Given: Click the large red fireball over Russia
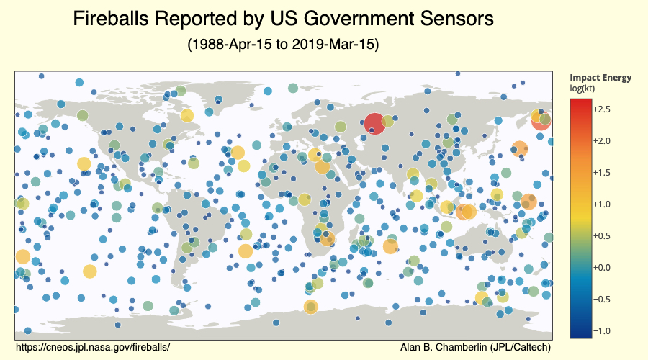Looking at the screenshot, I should [374, 124].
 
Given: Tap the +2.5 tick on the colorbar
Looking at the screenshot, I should [603, 109].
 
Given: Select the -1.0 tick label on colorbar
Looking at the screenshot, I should [603, 330].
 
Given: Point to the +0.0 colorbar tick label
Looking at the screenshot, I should [603, 267].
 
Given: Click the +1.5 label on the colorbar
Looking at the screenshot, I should [603, 172].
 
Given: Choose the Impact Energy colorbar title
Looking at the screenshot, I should [600, 78].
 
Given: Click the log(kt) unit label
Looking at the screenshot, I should [584, 88].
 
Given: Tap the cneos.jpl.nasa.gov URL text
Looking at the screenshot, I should [92, 347].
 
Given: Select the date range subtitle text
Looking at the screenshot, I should [283, 45].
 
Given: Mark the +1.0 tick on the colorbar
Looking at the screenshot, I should [603, 204].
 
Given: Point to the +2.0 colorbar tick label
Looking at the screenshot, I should [603, 140].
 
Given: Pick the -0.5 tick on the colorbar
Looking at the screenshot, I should [603, 299].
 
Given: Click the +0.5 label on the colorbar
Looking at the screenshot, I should [603, 235].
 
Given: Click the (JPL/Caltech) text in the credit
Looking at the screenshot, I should [520, 347].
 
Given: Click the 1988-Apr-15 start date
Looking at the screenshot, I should [228, 45].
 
